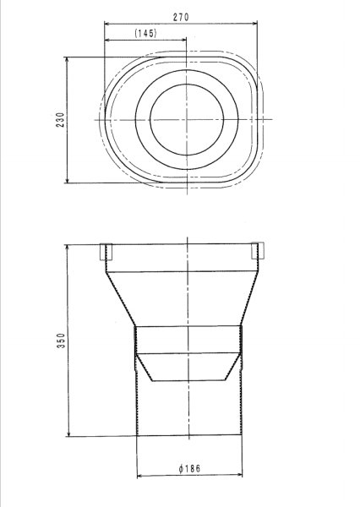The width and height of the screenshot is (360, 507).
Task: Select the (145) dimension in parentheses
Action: [x=144, y=33]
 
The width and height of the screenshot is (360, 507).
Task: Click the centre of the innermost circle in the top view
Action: [x=184, y=118]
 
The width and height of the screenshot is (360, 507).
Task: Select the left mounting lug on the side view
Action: [x=106, y=251]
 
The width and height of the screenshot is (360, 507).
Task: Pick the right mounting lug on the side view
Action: [x=258, y=251]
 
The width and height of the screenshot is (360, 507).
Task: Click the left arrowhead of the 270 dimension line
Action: [x=107, y=23]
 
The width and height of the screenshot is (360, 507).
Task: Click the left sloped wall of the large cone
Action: [x=121, y=300]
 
